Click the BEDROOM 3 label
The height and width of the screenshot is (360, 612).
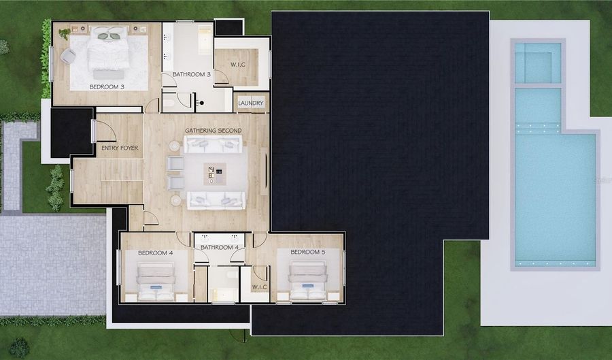[x=107, y=86]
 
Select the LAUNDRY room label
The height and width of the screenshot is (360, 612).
[x=250, y=103]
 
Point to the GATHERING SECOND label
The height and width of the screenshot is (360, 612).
[x=213, y=131]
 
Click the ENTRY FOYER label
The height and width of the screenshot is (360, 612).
[x=120, y=148]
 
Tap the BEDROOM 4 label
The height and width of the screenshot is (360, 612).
[x=155, y=253]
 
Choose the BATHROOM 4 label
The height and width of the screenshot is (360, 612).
[x=220, y=247]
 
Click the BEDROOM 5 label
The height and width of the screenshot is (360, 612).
[x=307, y=252]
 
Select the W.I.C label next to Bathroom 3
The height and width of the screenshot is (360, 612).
[x=238, y=65]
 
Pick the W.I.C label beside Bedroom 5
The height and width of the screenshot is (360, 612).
[x=259, y=287]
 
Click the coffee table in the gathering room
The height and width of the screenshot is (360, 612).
[x=215, y=174]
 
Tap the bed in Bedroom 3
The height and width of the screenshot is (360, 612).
[x=108, y=49]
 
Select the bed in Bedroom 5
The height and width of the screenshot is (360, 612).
[x=308, y=281]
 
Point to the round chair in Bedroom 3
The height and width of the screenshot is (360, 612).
[x=68, y=56]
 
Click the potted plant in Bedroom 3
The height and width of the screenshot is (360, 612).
[x=65, y=34]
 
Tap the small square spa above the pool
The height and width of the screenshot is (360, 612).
[x=537, y=63]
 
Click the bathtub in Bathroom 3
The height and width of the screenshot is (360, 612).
[x=205, y=39]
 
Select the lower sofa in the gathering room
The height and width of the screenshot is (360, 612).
[x=216, y=200]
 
